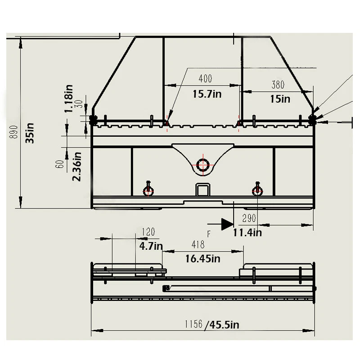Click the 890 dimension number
point(14,132)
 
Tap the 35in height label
point(30,133)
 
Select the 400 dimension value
point(205,78)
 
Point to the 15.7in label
point(207,94)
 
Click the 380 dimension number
point(278,85)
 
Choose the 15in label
point(280,99)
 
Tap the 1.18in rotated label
point(69,99)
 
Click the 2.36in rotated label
point(77,166)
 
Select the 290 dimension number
point(249,218)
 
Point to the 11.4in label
point(247,233)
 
